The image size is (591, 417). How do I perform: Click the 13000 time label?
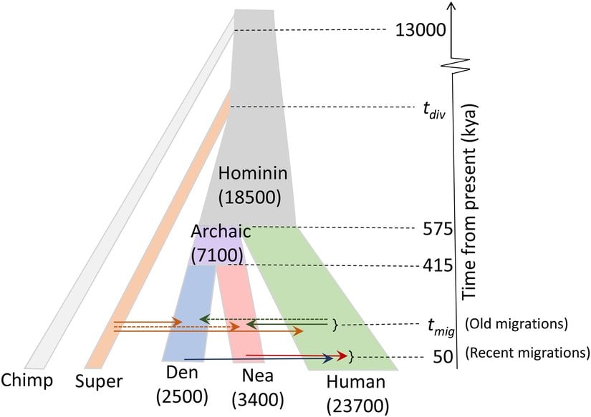click(421, 30)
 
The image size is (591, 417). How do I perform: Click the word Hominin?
click(253, 172)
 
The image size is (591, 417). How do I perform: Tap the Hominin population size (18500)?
click(252, 195)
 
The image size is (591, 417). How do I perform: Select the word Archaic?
click(221, 232)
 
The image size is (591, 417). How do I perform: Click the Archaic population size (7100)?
click(218, 252)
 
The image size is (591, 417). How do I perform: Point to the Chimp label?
click(27, 379)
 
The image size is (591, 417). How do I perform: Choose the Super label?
click(100, 381)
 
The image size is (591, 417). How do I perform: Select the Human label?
click(356, 382)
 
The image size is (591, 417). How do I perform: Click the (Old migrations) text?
click(516, 323)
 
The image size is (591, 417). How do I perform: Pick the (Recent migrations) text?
click(527, 353)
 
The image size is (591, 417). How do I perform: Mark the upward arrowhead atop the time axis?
click(450, 7)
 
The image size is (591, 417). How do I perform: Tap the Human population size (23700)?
click(356, 405)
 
